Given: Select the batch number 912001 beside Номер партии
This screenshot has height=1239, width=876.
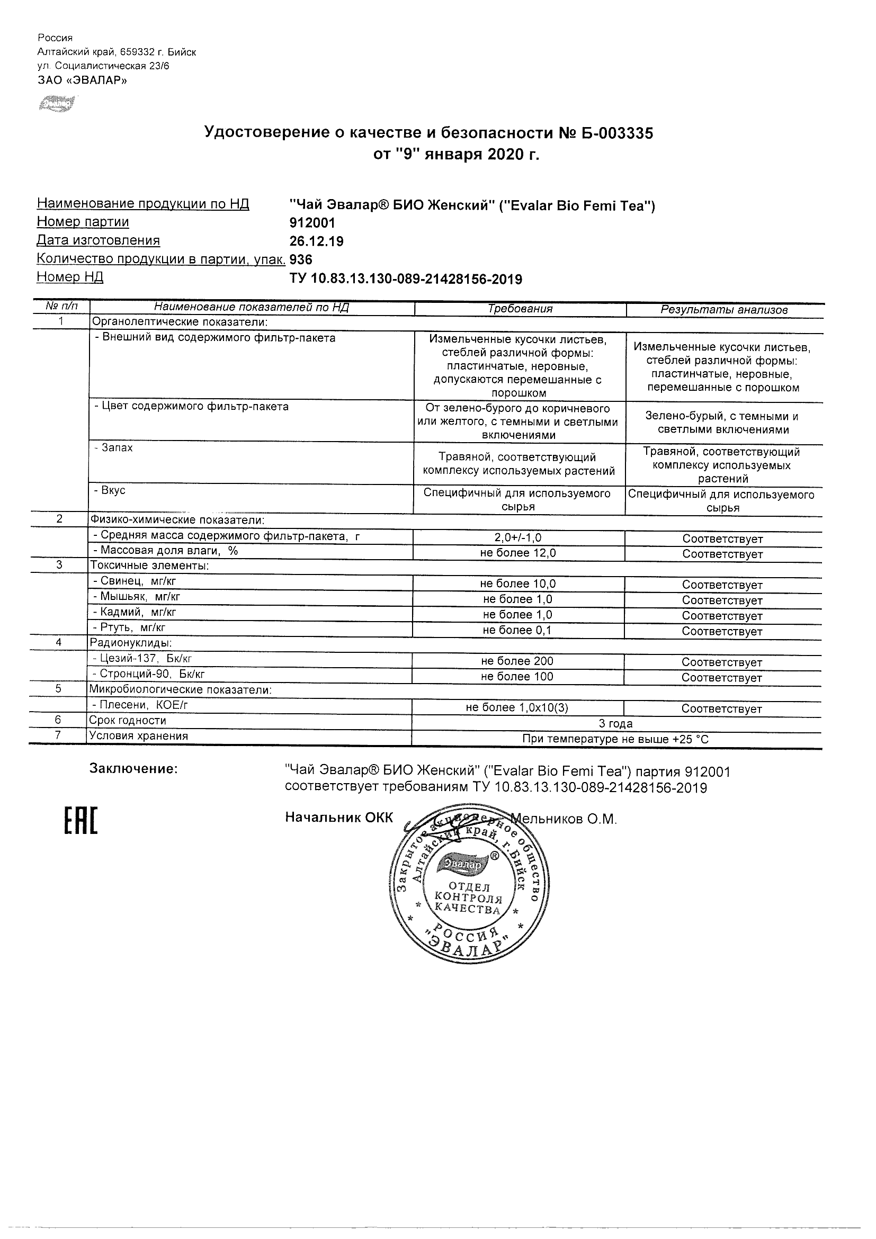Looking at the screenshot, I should [312, 223].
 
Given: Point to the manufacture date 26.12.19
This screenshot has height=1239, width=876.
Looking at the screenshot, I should [317, 241].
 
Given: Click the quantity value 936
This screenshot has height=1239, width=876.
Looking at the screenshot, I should [301, 259].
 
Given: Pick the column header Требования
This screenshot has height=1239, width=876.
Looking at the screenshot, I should [520, 309].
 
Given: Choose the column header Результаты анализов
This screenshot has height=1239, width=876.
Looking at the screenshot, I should [724, 310].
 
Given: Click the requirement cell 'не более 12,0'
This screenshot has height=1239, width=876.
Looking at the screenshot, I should [517, 553].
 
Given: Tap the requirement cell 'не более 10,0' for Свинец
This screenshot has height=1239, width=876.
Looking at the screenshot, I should [517, 584].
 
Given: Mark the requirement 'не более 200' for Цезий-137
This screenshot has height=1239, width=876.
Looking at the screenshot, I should [517, 661].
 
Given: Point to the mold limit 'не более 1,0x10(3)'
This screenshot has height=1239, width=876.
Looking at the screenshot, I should [517, 708].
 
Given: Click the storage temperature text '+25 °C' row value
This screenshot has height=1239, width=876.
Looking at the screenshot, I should [615, 739].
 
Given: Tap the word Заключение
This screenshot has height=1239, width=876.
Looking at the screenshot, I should [133, 768].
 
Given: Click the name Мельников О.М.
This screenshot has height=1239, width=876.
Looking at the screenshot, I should [564, 819].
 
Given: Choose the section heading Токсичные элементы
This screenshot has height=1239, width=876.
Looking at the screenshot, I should [149, 565].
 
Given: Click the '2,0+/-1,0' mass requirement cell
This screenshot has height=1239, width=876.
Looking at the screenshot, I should [517, 538].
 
